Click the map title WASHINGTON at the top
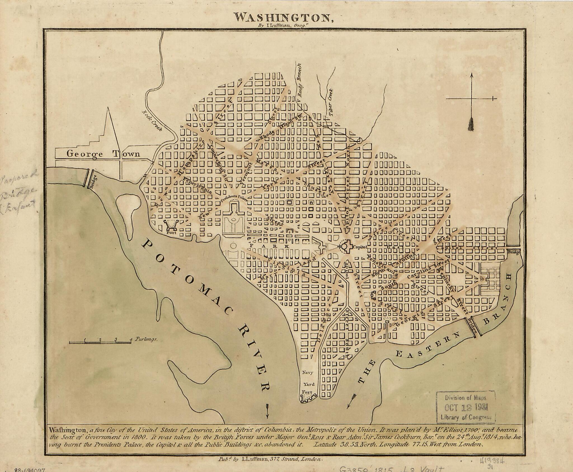coord(282,18)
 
